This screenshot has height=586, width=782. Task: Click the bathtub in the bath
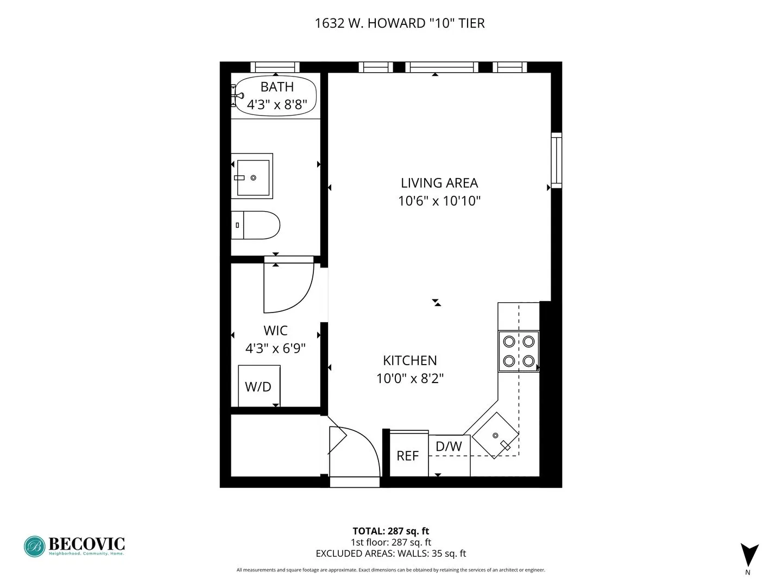[x=275, y=96]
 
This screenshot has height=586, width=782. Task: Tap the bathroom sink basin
[x=253, y=177]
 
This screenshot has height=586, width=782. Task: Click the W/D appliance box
[x=259, y=386]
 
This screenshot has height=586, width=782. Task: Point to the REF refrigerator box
[x=407, y=455]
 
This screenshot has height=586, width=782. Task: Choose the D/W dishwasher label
[x=449, y=446]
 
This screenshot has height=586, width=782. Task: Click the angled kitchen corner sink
[x=495, y=435]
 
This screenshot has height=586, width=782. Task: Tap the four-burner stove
[x=519, y=351]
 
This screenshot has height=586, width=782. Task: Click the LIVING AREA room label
[x=439, y=183]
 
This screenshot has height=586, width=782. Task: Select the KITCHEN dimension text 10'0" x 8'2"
[x=410, y=378]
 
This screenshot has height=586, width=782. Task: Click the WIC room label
[x=275, y=330]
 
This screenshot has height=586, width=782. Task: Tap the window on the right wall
[x=556, y=160]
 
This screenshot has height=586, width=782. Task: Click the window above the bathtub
[x=275, y=67]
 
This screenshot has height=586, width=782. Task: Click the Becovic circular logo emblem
[x=35, y=546]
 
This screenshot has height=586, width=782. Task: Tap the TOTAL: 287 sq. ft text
[x=390, y=531]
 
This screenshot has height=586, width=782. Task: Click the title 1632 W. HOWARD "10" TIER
[x=400, y=23]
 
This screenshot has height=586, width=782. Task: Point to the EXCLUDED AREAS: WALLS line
[x=390, y=553]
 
